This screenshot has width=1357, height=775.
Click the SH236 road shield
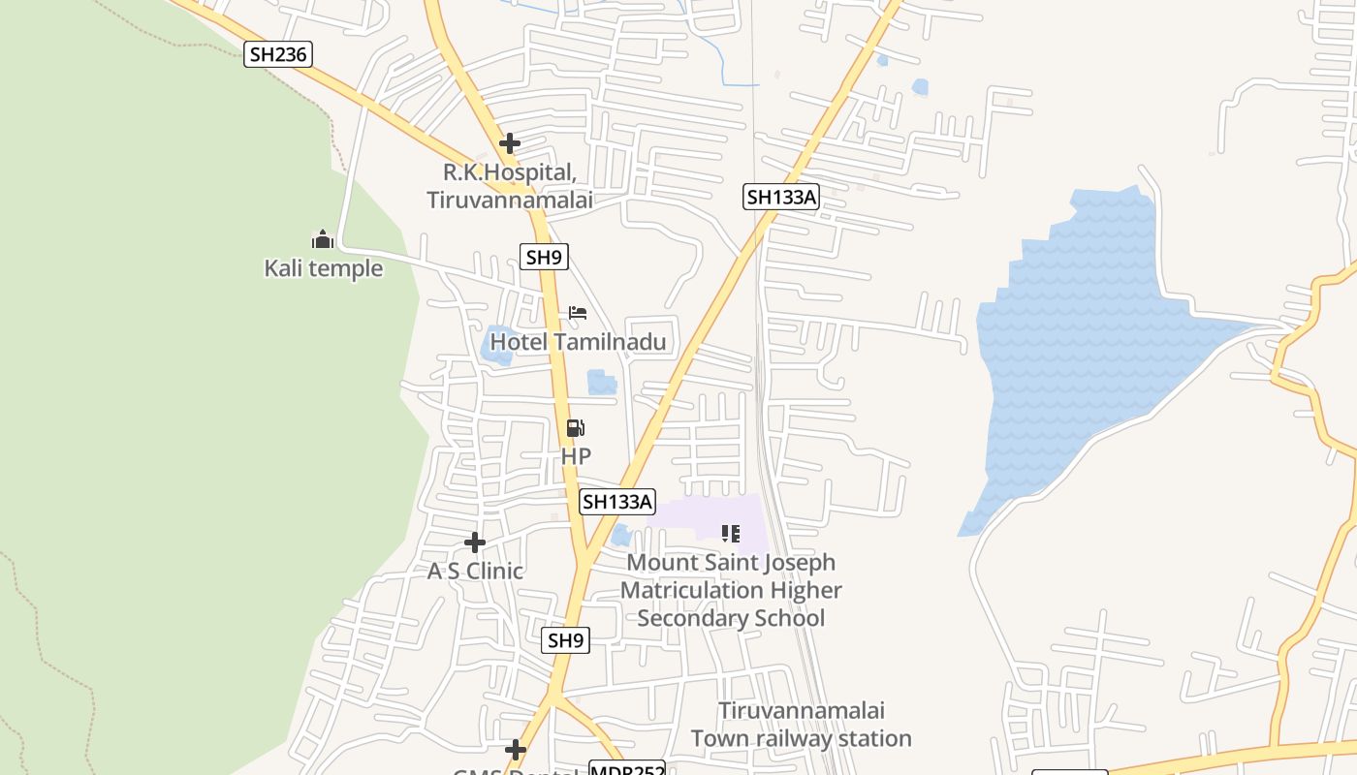pyautogui.click(x=278, y=54)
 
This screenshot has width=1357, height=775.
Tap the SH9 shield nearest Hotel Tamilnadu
pyautogui.click(x=543, y=257)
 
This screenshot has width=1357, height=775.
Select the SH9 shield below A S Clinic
pyautogui.click(x=566, y=640)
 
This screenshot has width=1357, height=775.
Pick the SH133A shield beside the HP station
pyautogui.click(x=617, y=502)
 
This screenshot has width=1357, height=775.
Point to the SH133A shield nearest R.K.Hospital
pyautogui.click(x=781, y=198)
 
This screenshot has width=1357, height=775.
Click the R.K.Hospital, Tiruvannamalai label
pyautogui.click(x=510, y=186)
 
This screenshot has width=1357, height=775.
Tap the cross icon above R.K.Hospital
pyautogui.click(x=510, y=143)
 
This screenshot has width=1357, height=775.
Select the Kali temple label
pyautogui.click(x=324, y=268)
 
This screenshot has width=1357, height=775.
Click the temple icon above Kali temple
pyautogui.click(x=323, y=238)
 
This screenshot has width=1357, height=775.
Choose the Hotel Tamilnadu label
pyautogui.click(x=578, y=342)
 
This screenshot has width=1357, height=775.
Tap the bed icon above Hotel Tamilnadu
pyautogui.click(x=578, y=313)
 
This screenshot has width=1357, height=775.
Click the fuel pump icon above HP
pyautogui.click(x=576, y=427)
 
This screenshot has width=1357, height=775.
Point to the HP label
pyautogui.click(x=576, y=455)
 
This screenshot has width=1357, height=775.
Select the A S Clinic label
pyautogui.click(x=475, y=572)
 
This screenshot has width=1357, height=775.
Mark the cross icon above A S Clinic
pyautogui.click(x=475, y=542)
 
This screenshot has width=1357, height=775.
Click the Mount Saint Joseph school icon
pyautogui.click(x=731, y=533)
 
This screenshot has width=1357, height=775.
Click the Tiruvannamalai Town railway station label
pyautogui.click(x=802, y=725)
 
